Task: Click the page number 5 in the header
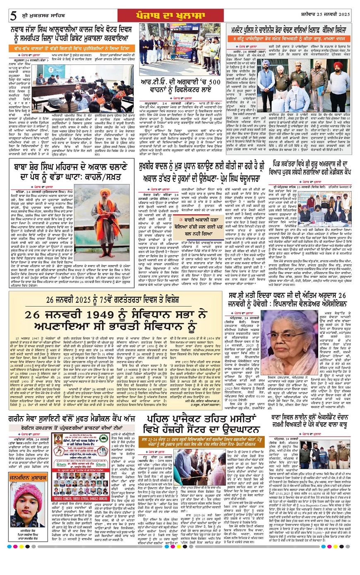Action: click(x=14, y=15)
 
